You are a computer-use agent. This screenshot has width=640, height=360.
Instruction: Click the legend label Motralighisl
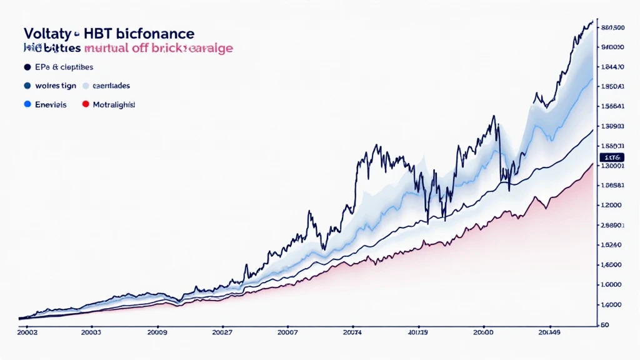click(114, 105)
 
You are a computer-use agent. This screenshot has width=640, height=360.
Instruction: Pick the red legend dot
click(86, 105)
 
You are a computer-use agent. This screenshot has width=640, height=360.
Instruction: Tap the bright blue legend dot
click(27, 105)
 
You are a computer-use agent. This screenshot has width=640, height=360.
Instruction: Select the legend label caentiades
click(111, 86)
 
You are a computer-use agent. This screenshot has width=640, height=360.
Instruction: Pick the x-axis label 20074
click(354, 333)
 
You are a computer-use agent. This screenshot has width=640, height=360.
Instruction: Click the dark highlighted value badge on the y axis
click(611, 156)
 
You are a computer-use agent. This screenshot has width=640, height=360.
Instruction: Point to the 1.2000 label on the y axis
click(611, 205)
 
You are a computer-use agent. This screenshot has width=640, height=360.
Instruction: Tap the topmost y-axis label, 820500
click(612, 27)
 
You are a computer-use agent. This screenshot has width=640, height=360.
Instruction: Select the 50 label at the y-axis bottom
click(604, 325)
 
